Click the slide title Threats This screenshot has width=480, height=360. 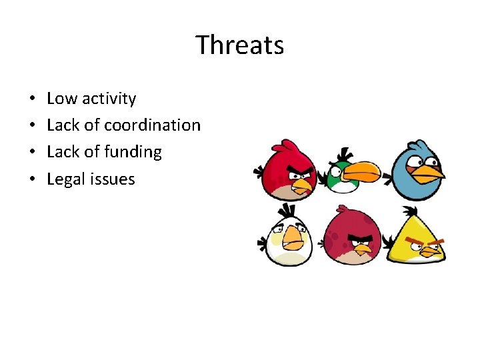coord(240,45)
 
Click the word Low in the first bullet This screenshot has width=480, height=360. coord(62,99)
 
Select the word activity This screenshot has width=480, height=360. coord(109,99)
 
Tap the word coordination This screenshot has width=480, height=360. coord(152,125)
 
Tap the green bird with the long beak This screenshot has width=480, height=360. coord(343,175)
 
